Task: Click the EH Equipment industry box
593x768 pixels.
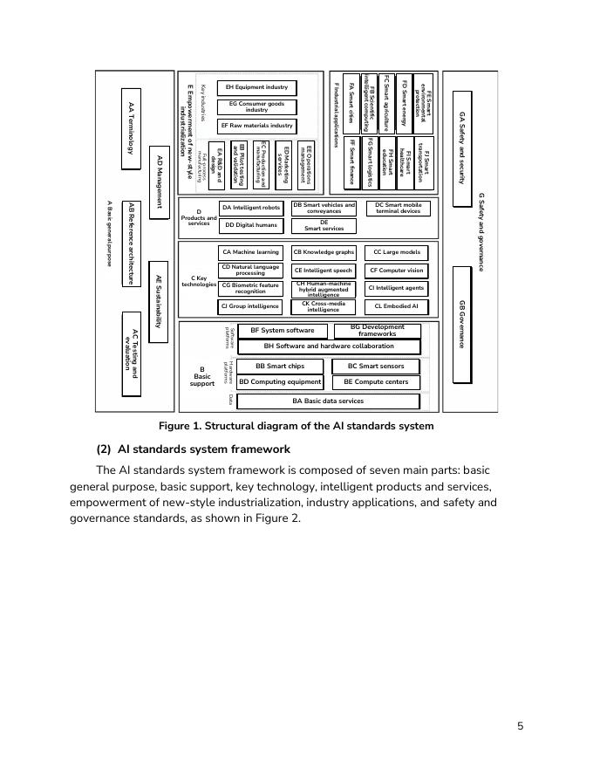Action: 256,87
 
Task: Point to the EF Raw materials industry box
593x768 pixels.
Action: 256,126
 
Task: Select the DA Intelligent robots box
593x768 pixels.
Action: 251,208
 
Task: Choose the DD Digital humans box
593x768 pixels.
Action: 251,225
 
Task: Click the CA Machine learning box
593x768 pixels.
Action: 250,252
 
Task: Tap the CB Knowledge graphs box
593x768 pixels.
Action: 324,252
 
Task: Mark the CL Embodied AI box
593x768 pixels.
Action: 396,306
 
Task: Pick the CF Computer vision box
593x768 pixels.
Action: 396,271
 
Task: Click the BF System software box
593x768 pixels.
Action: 282,331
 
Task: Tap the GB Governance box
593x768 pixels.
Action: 462,322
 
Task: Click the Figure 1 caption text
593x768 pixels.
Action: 296,427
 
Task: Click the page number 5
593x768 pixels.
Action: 520,725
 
